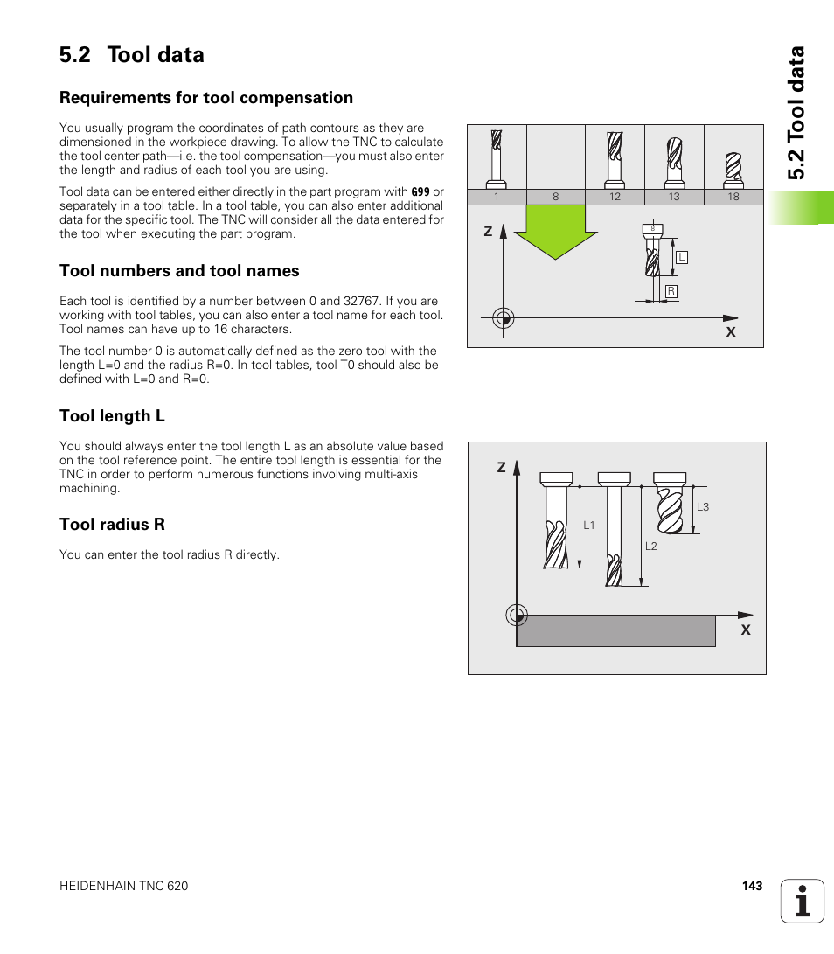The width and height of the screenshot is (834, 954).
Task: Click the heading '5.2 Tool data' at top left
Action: pyautogui.click(x=132, y=54)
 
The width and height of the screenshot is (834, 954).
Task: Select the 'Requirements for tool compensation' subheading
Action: pyautogui.click(x=206, y=98)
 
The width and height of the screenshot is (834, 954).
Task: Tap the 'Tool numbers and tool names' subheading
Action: pyautogui.click(x=179, y=271)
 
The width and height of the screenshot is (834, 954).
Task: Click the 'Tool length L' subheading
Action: pyautogui.click(x=112, y=416)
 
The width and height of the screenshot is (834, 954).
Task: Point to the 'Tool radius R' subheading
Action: pyautogui.click(x=112, y=525)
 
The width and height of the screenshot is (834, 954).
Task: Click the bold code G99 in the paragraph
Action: pyautogui.click(x=420, y=191)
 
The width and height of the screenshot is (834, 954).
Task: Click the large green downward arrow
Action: pyautogui.click(x=555, y=232)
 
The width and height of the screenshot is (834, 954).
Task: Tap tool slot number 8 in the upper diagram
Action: pyautogui.click(x=555, y=197)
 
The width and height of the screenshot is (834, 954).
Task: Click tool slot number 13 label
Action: pyautogui.click(x=674, y=197)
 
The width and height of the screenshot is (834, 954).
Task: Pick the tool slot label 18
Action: pyautogui.click(x=733, y=197)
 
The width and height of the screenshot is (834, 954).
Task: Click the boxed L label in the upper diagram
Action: pyautogui.click(x=682, y=257)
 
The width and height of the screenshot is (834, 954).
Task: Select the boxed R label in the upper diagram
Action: pyautogui.click(x=671, y=291)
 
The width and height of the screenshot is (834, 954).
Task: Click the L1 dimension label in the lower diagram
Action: pyautogui.click(x=589, y=526)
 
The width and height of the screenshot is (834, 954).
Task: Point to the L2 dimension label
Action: pyautogui.click(x=650, y=547)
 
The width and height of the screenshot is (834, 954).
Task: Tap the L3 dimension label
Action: pyautogui.click(x=703, y=507)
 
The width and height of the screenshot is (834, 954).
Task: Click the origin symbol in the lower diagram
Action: pyautogui.click(x=517, y=616)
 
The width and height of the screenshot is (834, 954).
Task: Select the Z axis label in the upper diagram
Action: pyautogui.click(x=488, y=232)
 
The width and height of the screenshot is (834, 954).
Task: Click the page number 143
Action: pyautogui.click(x=752, y=886)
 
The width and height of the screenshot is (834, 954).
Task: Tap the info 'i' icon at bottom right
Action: pyautogui.click(x=803, y=901)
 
